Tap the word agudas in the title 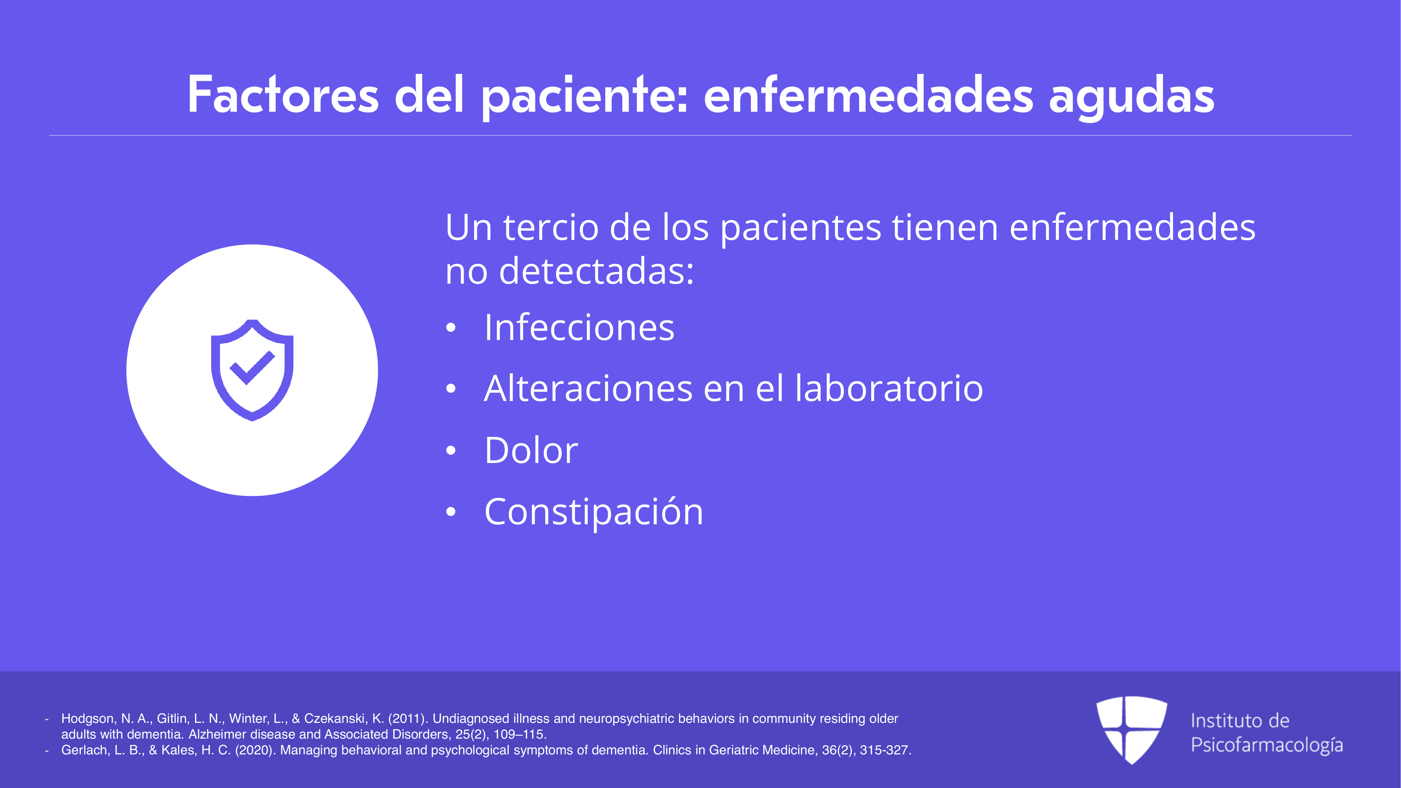pos(1131,98)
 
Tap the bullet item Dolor pos(531,450)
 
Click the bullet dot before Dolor pos(450,450)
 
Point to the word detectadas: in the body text pos(597,271)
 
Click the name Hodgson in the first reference pos(88,719)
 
